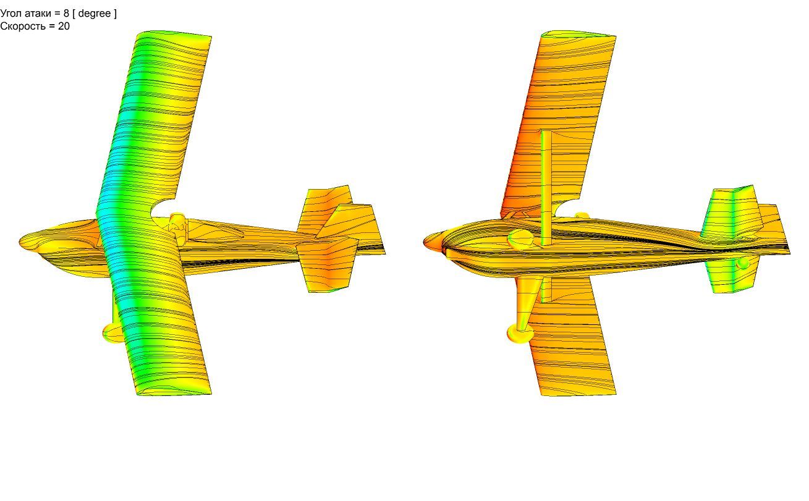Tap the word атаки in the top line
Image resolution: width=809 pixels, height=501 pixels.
click(x=39, y=14)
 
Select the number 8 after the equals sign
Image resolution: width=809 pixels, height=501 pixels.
click(x=66, y=14)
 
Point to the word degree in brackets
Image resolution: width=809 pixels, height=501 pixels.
click(x=95, y=14)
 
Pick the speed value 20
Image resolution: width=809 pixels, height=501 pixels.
click(x=64, y=26)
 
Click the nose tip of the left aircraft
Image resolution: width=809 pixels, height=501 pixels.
click(x=20, y=241)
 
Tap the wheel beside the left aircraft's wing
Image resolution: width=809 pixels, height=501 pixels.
click(x=112, y=333)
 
